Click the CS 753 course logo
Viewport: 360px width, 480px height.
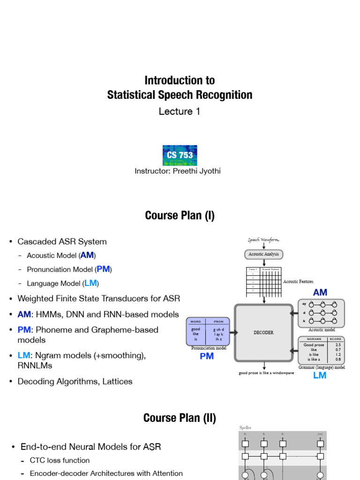(x=180, y=155)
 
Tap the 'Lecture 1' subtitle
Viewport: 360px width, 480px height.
(x=180, y=112)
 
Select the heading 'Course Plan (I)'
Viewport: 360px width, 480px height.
(x=180, y=216)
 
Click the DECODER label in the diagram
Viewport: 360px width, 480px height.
(x=263, y=332)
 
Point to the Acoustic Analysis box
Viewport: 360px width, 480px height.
(x=263, y=254)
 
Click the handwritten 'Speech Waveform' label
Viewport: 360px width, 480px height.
(x=263, y=240)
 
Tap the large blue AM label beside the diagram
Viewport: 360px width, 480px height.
(x=320, y=292)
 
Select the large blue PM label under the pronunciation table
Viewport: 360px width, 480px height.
(x=207, y=357)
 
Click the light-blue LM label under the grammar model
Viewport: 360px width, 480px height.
(x=320, y=375)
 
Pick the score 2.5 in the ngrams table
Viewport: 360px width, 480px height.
(x=338, y=345)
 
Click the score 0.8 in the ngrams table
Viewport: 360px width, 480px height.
(x=338, y=360)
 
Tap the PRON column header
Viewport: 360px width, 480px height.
(x=218, y=322)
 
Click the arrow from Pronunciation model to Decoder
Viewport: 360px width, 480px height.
(x=232, y=332)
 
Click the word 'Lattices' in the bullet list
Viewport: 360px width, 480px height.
(x=117, y=382)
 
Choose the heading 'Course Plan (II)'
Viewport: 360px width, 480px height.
(x=180, y=418)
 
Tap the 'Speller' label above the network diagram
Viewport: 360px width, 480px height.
(x=246, y=427)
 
